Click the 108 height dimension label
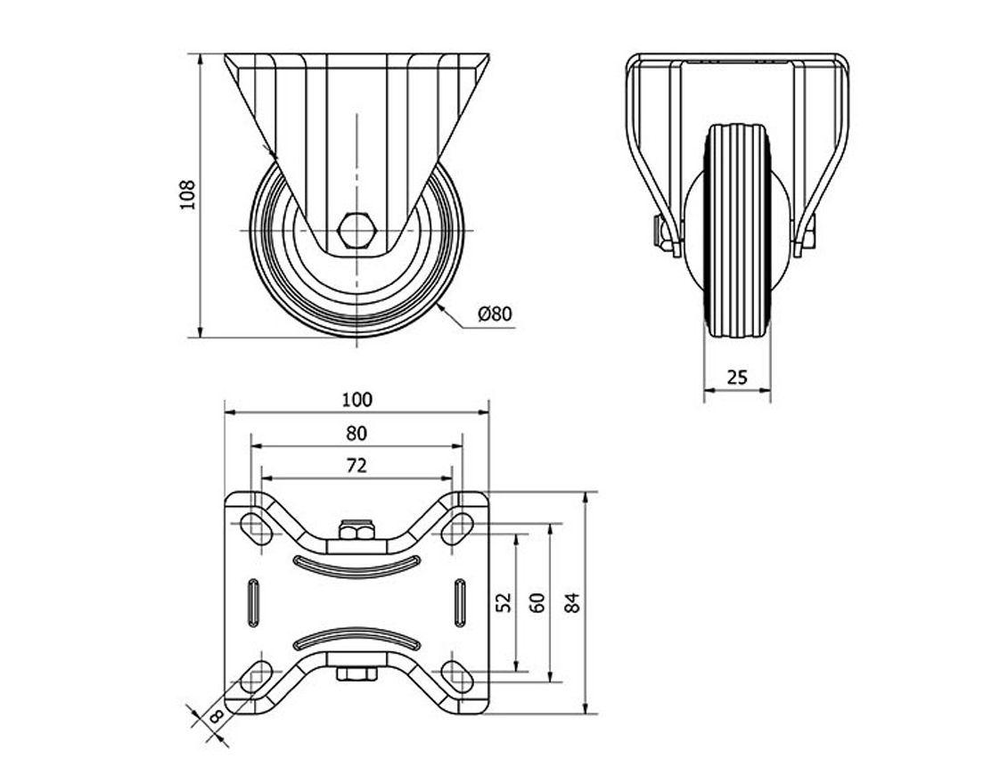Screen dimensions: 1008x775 point(187,195)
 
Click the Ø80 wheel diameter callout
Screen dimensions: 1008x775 point(495,314)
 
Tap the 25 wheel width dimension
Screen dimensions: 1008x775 point(737,377)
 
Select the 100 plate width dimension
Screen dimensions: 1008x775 point(356,400)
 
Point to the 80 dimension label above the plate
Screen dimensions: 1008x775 point(356,434)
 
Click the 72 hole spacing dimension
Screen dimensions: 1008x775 point(356,465)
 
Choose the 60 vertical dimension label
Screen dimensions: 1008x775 point(538,602)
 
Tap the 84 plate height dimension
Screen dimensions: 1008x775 point(572,602)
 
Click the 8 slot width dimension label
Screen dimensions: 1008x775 point(216,716)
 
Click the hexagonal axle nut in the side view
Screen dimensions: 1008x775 point(356,230)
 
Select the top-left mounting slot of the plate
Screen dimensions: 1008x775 point(257,526)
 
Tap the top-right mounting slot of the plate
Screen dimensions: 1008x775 point(457,526)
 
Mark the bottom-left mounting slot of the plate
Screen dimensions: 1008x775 point(257,675)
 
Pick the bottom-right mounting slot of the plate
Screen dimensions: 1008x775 point(457,675)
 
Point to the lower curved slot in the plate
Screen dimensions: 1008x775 point(356,635)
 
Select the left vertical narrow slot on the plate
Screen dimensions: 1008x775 point(253,602)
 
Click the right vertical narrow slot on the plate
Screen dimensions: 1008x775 point(460,602)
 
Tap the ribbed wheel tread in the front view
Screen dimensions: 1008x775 point(737,231)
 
